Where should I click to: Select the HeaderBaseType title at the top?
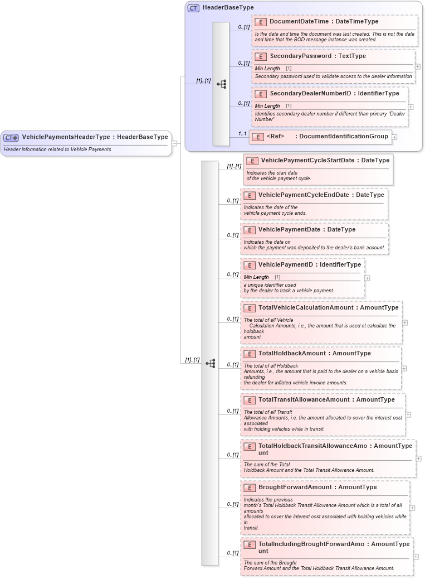point(228,8)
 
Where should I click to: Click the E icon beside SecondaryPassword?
point(260,56)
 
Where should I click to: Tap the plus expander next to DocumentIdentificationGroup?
point(394,137)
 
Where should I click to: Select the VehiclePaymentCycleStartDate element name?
point(307,160)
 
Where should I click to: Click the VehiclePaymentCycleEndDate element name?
point(304,195)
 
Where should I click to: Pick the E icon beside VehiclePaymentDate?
point(249,230)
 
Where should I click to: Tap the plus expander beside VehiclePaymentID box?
point(367,277)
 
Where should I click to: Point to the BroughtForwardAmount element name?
point(295,487)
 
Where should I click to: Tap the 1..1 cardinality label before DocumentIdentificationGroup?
point(242,133)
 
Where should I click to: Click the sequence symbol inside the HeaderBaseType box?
point(221,84)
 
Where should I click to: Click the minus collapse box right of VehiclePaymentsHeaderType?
point(175,143)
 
